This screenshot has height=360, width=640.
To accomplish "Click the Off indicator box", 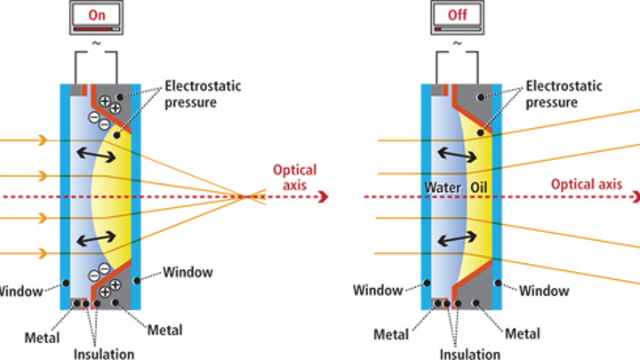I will pyautogui.click(x=458, y=16).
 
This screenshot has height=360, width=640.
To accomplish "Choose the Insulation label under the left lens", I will pyautogui.click(x=105, y=354).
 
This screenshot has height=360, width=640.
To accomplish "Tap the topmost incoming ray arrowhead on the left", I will pyautogui.click(x=45, y=140).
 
